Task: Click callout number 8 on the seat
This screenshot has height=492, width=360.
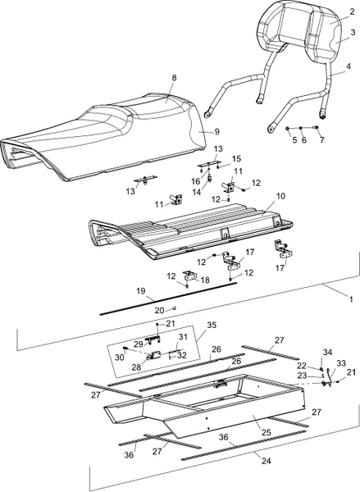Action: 174,78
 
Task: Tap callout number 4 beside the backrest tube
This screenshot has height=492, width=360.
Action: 349,67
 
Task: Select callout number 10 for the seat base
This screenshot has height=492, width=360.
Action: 280,197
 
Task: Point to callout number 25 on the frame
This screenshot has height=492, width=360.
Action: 266,432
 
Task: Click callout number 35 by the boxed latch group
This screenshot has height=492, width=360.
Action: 212,325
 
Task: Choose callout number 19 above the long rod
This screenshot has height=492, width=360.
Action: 141,291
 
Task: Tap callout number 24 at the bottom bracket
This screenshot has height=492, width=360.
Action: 266,461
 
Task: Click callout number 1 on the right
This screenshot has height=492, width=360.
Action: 351,299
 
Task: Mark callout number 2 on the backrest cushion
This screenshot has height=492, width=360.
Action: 351,12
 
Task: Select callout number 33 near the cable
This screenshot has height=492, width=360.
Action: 341,363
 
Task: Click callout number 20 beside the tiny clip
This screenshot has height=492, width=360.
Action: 159,310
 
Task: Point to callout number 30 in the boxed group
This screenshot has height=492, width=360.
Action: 120,358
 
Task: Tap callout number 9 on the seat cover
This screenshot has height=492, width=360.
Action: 217,132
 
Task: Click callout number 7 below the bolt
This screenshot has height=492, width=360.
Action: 321,140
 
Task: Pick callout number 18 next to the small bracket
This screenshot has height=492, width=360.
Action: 205,280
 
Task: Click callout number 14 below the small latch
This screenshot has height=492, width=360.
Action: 197,192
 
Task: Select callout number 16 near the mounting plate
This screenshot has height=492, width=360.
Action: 195,182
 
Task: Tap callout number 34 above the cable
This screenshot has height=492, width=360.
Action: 327,353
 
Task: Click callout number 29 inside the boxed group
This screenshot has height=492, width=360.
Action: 139,344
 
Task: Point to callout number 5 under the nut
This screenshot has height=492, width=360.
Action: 294,140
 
